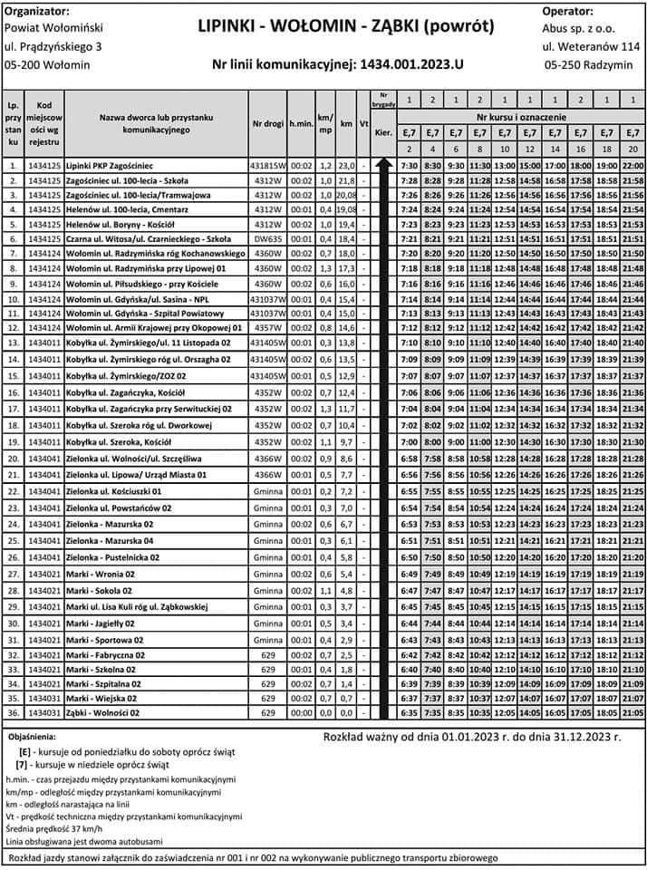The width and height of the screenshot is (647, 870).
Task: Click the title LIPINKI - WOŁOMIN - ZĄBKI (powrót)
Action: [x=346, y=26]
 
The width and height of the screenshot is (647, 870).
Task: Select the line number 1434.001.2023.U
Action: [x=337, y=64]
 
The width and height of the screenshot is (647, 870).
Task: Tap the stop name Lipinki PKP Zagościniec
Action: [x=110, y=166]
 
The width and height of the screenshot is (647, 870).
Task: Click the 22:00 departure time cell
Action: [x=633, y=166]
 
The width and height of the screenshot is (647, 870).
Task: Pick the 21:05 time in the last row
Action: [x=633, y=713]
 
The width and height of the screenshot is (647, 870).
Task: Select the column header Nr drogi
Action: [x=268, y=123]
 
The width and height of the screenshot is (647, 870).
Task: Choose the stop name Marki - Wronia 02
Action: [x=100, y=574]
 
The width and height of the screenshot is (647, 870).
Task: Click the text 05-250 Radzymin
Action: [x=589, y=65]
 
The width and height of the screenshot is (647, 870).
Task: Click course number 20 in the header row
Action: [x=633, y=148]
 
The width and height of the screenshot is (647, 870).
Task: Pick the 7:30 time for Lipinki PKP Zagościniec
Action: [x=409, y=166]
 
